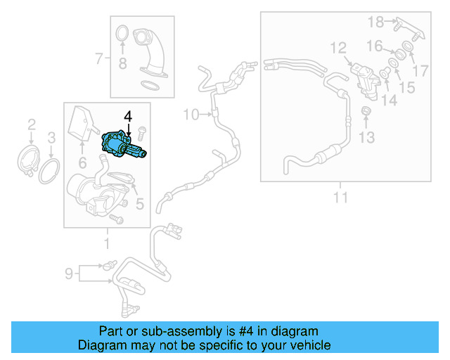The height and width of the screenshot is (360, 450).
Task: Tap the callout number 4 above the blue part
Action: point(127,115)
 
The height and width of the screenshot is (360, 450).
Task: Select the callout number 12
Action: point(338,48)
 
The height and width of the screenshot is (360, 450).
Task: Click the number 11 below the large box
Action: point(340,198)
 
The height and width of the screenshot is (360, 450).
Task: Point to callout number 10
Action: point(191,114)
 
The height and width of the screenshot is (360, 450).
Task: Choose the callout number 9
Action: point(69,272)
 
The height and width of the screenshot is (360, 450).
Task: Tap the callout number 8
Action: point(122,65)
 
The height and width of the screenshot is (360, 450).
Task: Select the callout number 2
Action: point(31,125)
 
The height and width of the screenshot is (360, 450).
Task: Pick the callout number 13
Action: point(367,136)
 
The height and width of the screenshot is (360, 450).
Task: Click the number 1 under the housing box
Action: point(107,244)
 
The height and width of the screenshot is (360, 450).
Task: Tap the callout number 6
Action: point(82,163)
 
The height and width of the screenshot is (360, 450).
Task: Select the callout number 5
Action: point(139,205)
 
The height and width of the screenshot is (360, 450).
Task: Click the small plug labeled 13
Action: point(366,112)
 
